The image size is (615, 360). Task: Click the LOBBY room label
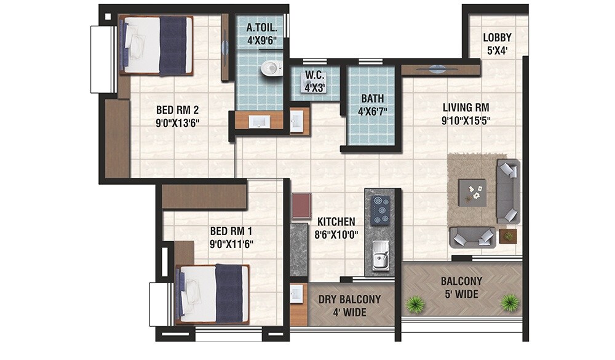point(497,44)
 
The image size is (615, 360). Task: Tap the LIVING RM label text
point(466,114)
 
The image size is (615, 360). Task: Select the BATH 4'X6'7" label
point(373,105)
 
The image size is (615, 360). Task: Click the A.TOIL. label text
point(262,34)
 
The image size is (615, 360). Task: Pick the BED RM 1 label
point(232,237)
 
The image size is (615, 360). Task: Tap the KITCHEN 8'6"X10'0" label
point(336,227)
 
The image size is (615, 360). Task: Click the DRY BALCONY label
point(349,306)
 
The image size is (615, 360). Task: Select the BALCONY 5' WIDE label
point(461,287)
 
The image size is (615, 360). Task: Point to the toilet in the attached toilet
point(269,68)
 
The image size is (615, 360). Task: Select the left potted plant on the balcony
point(416,303)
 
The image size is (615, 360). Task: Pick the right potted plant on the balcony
point(509,302)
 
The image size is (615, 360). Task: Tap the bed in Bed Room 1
point(212,294)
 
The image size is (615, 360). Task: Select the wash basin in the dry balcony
point(298,296)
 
